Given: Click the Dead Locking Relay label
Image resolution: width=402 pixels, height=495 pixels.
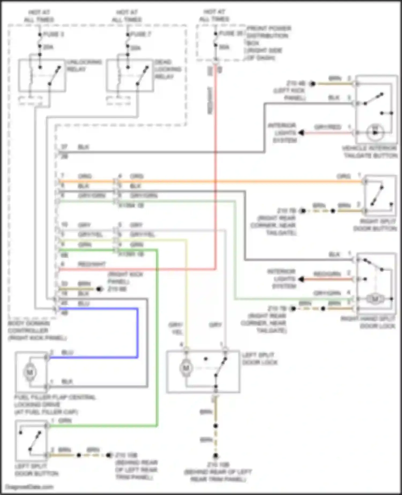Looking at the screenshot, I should pos(168,69).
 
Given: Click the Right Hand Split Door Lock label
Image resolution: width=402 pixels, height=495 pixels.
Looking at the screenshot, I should pos(368,322).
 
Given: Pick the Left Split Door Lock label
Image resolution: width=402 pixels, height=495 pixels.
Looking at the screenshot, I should pos(259,359).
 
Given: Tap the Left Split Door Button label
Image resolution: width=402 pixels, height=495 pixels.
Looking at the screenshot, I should pos(36,470).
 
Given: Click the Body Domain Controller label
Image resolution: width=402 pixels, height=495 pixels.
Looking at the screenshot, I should pos(37,330).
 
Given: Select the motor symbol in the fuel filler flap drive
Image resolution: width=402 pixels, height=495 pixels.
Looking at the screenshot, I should pos(29,372).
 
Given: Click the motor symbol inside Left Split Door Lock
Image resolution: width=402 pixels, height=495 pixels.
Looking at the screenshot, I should pos(186,368).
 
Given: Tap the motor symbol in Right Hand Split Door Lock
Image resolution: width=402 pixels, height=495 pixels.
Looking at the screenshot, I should pos(375,298).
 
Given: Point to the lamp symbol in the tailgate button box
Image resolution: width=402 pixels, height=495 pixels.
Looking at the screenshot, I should pos(375,132).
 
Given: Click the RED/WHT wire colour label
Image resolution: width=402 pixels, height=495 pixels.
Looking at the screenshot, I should pos(92,264).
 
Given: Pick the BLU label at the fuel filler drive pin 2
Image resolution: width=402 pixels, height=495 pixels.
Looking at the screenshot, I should pos(67,352).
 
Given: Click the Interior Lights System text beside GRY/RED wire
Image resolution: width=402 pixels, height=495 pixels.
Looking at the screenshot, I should pos(283,133).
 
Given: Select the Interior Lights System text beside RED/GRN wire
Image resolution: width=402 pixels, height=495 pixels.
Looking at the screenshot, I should pos(282,279).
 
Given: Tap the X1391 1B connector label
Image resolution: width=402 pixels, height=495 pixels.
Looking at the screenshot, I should pos(131,254).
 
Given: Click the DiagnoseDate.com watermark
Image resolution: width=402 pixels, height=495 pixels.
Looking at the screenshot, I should pos(29,487).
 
